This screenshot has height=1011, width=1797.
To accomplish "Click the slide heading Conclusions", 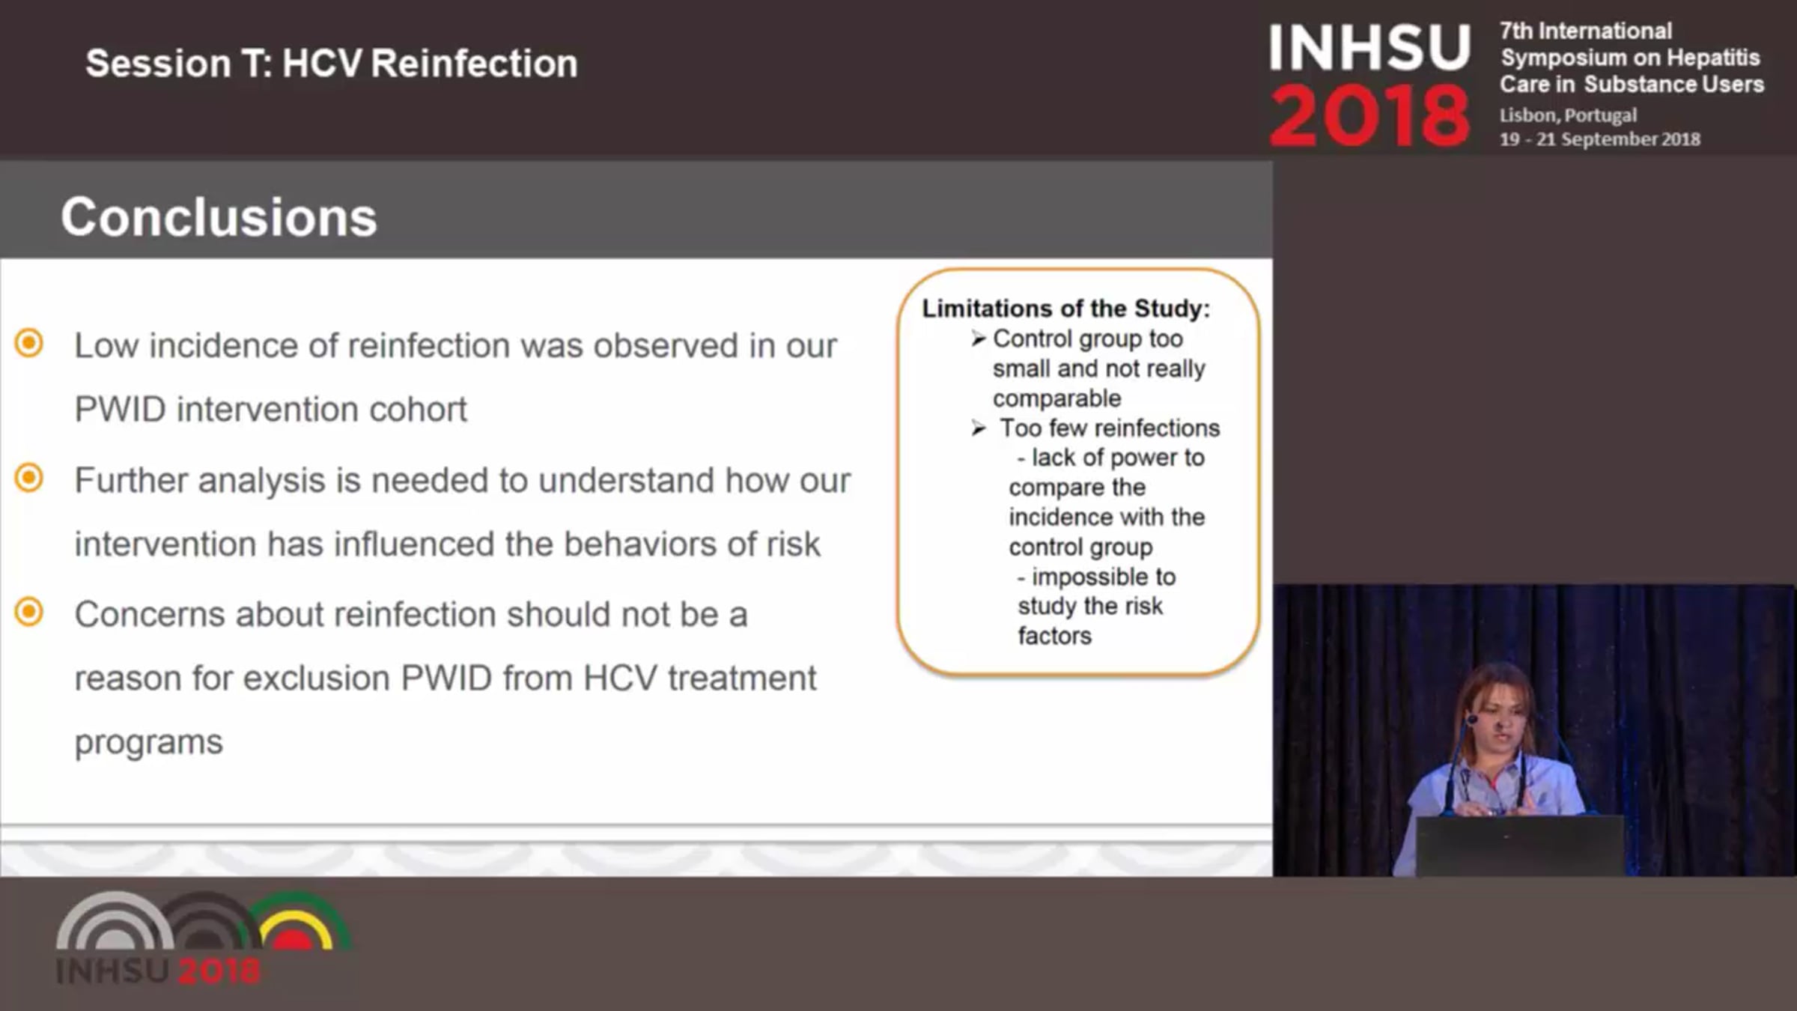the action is tap(219, 217).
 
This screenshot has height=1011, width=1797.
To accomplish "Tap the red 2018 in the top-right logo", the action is tap(1369, 116).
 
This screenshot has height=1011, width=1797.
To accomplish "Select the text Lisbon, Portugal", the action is tap(1568, 115).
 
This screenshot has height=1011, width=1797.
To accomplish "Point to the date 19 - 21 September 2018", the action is tap(1600, 139).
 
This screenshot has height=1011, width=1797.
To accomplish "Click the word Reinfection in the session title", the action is tap(474, 63).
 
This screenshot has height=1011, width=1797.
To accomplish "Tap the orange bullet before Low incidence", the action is tap(29, 344).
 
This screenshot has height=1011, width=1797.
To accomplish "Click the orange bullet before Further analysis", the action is tap(29, 478).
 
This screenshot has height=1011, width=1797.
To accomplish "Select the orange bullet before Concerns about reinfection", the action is tap(29, 612).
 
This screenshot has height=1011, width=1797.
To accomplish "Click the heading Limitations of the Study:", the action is tap(1065, 309).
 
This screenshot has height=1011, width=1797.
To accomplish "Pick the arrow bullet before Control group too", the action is tap(979, 339).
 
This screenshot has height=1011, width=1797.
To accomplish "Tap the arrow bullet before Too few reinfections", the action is tap(979, 428).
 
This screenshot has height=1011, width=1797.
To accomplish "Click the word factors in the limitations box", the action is tap(1054, 636).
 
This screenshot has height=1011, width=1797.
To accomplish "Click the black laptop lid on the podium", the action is tap(1520, 845).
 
